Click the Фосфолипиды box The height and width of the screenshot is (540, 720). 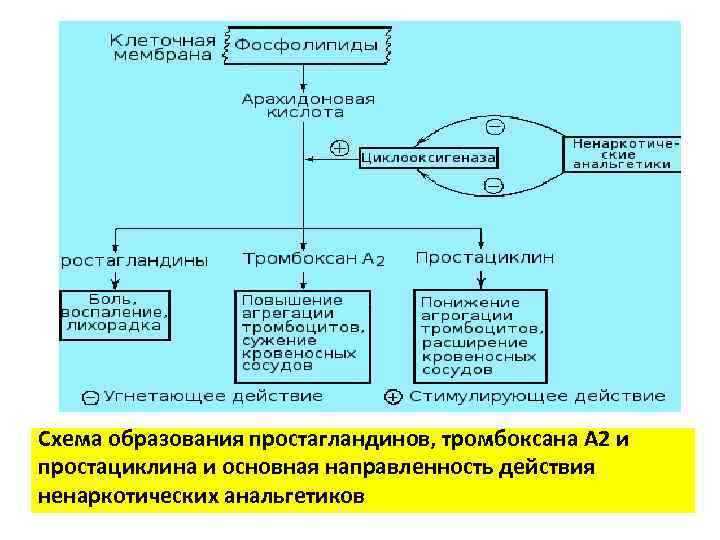coord(306,46)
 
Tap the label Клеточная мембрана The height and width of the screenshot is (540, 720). coord(162,47)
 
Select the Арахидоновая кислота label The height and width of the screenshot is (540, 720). coord(307,105)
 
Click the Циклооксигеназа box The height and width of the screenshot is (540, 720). coord(429,158)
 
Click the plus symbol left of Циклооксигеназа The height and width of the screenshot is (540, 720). coord(339,148)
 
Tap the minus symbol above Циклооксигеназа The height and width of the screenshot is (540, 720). coord(494,127)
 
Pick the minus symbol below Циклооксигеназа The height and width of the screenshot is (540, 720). coord(493,185)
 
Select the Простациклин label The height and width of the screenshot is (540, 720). coord(484,258)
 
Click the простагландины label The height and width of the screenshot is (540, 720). coord(134,260)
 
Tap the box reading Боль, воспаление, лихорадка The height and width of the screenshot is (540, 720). coord(115,311)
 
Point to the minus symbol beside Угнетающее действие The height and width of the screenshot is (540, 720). coord(91,397)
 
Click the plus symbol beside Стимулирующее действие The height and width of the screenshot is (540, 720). coord(393,397)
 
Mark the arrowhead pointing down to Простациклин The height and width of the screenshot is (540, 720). coord(481,242)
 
